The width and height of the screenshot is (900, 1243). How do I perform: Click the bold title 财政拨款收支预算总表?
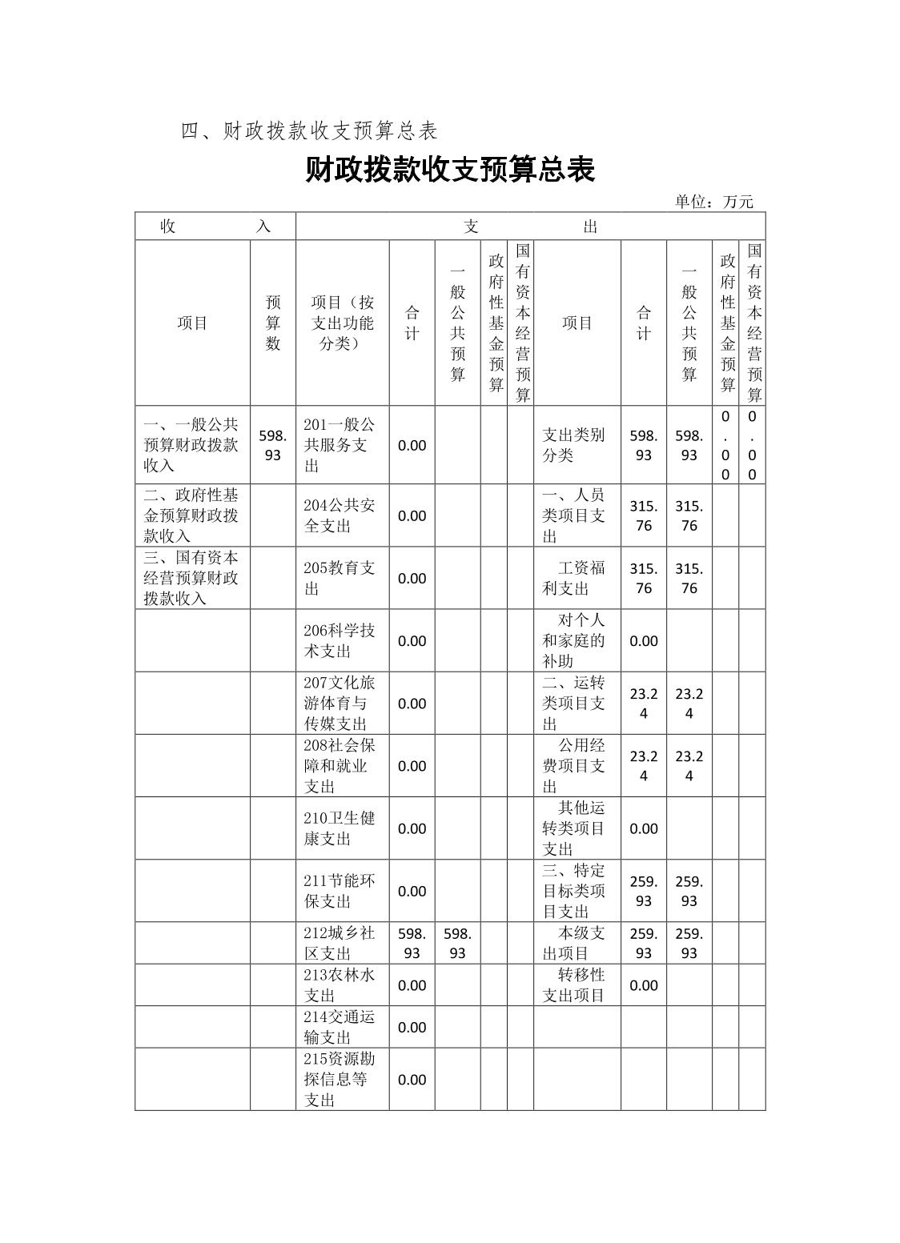pyautogui.click(x=450, y=170)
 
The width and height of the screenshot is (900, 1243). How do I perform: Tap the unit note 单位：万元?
pyautogui.click(x=713, y=202)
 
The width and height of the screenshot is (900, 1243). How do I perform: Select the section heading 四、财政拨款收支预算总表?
pyautogui.click(x=309, y=131)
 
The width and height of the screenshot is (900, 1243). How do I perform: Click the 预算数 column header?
pyautogui.click(x=273, y=323)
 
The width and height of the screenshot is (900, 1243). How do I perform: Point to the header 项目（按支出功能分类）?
pyautogui.click(x=343, y=323)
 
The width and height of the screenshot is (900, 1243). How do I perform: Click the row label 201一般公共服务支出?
pyautogui.click(x=340, y=445)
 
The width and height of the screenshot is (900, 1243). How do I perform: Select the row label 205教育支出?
pyautogui.click(x=340, y=578)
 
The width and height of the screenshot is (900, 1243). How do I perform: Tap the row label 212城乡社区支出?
pyautogui.click(x=340, y=943)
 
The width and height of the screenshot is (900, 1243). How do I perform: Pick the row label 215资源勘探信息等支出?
pyautogui.click(x=340, y=1079)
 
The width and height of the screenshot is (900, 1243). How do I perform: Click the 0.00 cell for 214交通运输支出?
pyautogui.click(x=412, y=1027)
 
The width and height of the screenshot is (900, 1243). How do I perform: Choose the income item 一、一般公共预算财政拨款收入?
pyautogui.click(x=191, y=445)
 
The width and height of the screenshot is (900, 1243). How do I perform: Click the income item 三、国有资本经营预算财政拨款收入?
pyautogui.click(x=191, y=578)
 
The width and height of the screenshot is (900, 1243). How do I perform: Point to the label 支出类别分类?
pyautogui.click(x=574, y=445)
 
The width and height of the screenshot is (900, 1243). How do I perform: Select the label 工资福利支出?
pyautogui.click(x=574, y=578)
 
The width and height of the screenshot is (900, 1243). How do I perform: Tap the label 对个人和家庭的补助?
pyautogui.click(x=574, y=640)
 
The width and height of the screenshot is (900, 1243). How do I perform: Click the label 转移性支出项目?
pyautogui.click(x=574, y=985)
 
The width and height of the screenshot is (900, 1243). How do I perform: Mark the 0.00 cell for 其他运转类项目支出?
pyautogui.click(x=644, y=828)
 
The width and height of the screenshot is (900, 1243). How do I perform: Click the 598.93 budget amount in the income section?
pyautogui.click(x=273, y=445)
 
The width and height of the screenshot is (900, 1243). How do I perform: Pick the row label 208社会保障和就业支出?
pyautogui.click(x=340, y=766)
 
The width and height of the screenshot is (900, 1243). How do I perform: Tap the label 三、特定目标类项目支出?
pyautogui.click(x=574, y=891)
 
